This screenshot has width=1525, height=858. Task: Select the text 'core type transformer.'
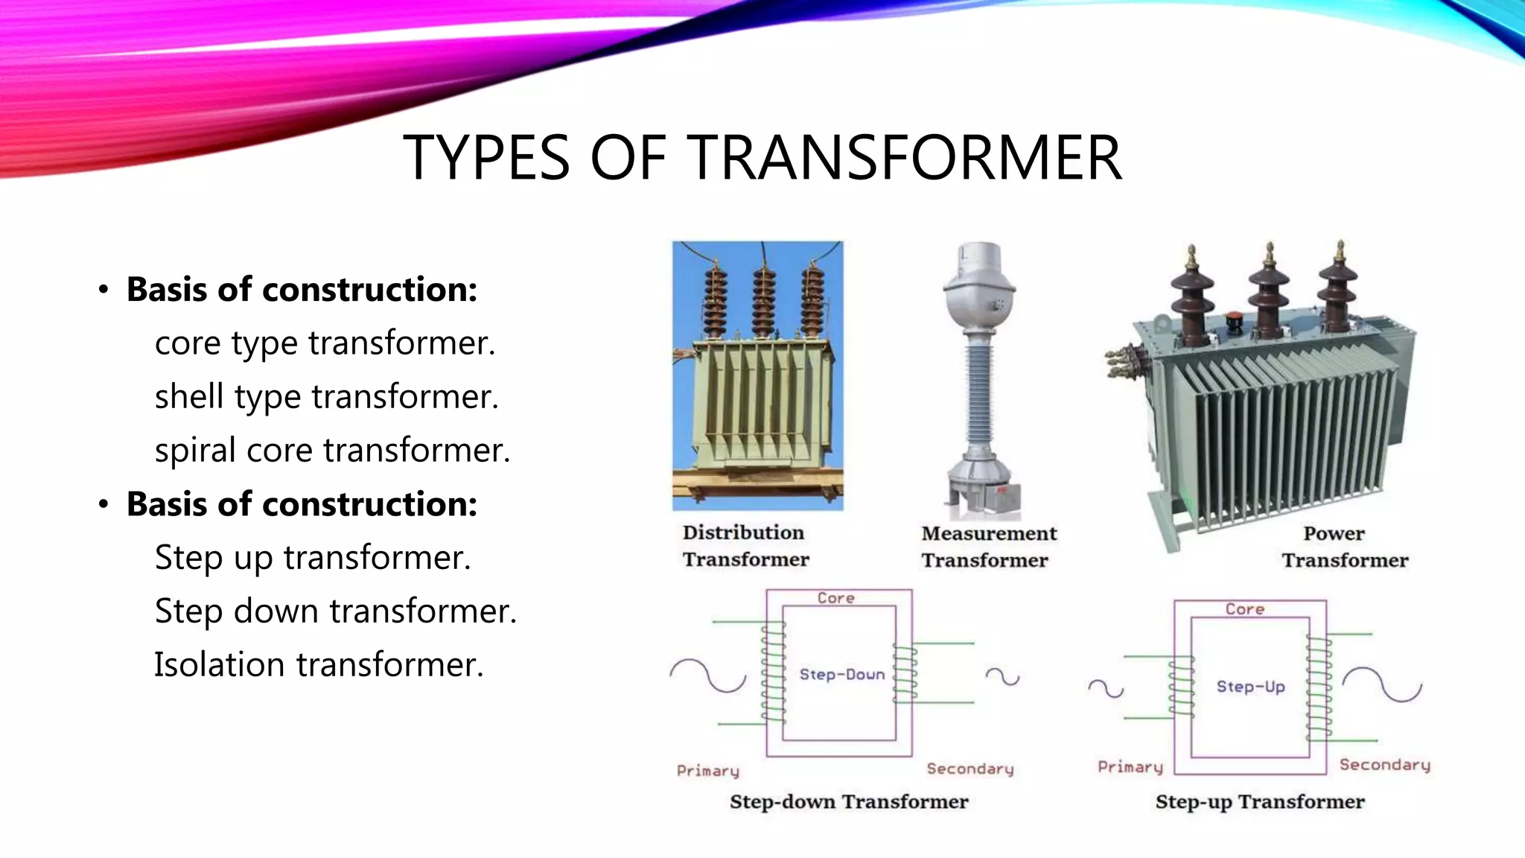pos(325,343)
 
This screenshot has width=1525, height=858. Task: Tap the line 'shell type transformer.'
pos(326,397)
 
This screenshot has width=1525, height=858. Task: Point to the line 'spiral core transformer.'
pos(332,451)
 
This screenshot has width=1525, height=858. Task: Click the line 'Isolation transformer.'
pos(319,665)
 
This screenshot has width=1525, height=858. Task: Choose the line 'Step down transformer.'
pos(335,611)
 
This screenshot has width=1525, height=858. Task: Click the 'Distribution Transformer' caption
pos(745,546)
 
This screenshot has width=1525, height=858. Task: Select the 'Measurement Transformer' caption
pos(988,547)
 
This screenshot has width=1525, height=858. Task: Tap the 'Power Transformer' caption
pos(1344,547)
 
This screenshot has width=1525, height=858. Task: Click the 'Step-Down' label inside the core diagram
pos(841,675)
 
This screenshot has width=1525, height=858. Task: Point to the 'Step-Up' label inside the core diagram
pos(1250,687)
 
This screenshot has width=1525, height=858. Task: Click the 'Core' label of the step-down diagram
pos(835,598)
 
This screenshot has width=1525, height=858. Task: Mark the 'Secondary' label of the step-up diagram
pos(1384,765)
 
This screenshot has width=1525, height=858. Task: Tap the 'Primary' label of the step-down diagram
pos(707,771)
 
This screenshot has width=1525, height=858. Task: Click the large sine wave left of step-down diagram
pos(707,676)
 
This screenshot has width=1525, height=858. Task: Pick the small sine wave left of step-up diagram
pos(1105,688)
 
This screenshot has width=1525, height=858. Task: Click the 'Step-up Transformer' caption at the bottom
pos(1259,802)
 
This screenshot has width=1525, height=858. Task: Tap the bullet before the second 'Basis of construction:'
pos(104,505)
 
